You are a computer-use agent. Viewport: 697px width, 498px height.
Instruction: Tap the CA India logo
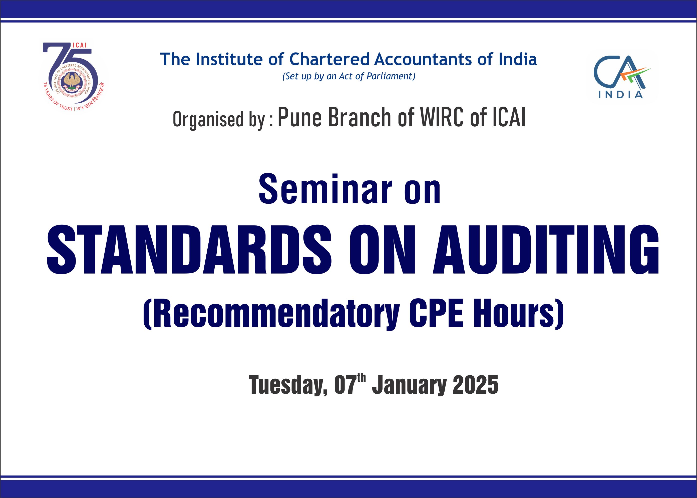pos(622,77)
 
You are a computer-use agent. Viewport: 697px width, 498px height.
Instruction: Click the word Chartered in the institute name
pos(329,59)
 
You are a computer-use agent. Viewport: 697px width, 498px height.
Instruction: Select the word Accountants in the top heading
pos(423,59)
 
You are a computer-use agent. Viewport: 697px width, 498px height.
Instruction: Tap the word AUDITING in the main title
pos(546,249)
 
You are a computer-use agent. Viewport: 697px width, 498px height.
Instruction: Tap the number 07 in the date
pos(346,385)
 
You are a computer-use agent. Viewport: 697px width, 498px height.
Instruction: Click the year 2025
pos(475,385)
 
